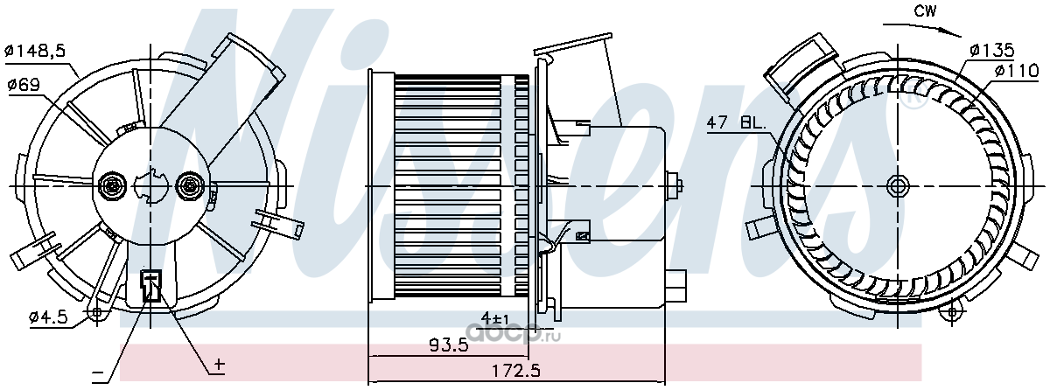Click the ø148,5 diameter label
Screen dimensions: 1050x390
[x=35, y=51]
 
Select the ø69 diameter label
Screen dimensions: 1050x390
[x=24, y=85]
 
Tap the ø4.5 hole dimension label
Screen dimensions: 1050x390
[x=48, y=318]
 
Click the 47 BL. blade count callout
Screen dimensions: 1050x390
[x=736, y=123]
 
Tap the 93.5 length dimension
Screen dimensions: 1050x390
[x=449, y=345]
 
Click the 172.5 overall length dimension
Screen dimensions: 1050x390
[x=515, y=372]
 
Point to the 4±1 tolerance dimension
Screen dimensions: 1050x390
[x=495, y=319]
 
